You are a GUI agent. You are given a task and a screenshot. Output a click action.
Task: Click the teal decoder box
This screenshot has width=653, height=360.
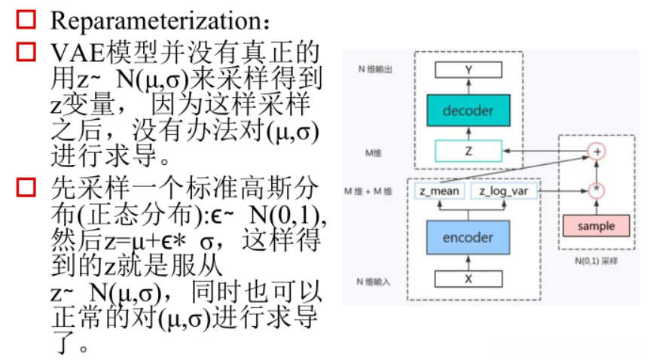pos(468,111)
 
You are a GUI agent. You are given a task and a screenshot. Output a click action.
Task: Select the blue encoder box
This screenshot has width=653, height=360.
pos(468,237)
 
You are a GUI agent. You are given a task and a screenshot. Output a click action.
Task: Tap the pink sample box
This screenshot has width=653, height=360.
pos(596,225)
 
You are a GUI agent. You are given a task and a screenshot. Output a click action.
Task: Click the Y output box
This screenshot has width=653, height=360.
pos(468,71)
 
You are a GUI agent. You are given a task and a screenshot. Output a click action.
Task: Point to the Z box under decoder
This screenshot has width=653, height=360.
pos(468,151)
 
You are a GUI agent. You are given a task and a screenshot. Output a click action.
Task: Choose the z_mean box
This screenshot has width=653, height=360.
pos(441,191)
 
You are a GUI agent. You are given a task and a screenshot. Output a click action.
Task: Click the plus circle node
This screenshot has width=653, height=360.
pos(597,151)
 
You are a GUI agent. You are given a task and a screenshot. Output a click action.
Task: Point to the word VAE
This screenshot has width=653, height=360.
pos(72,52)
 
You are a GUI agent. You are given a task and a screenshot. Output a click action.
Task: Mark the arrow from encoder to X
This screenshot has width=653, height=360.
pos(468,261)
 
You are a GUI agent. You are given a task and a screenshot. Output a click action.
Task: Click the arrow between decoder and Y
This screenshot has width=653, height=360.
pos(468,86)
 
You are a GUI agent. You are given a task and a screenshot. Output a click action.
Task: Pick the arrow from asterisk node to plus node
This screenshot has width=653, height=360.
pos(597,171)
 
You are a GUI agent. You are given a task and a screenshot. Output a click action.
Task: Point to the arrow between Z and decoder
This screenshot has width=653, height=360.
pos(468,133)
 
